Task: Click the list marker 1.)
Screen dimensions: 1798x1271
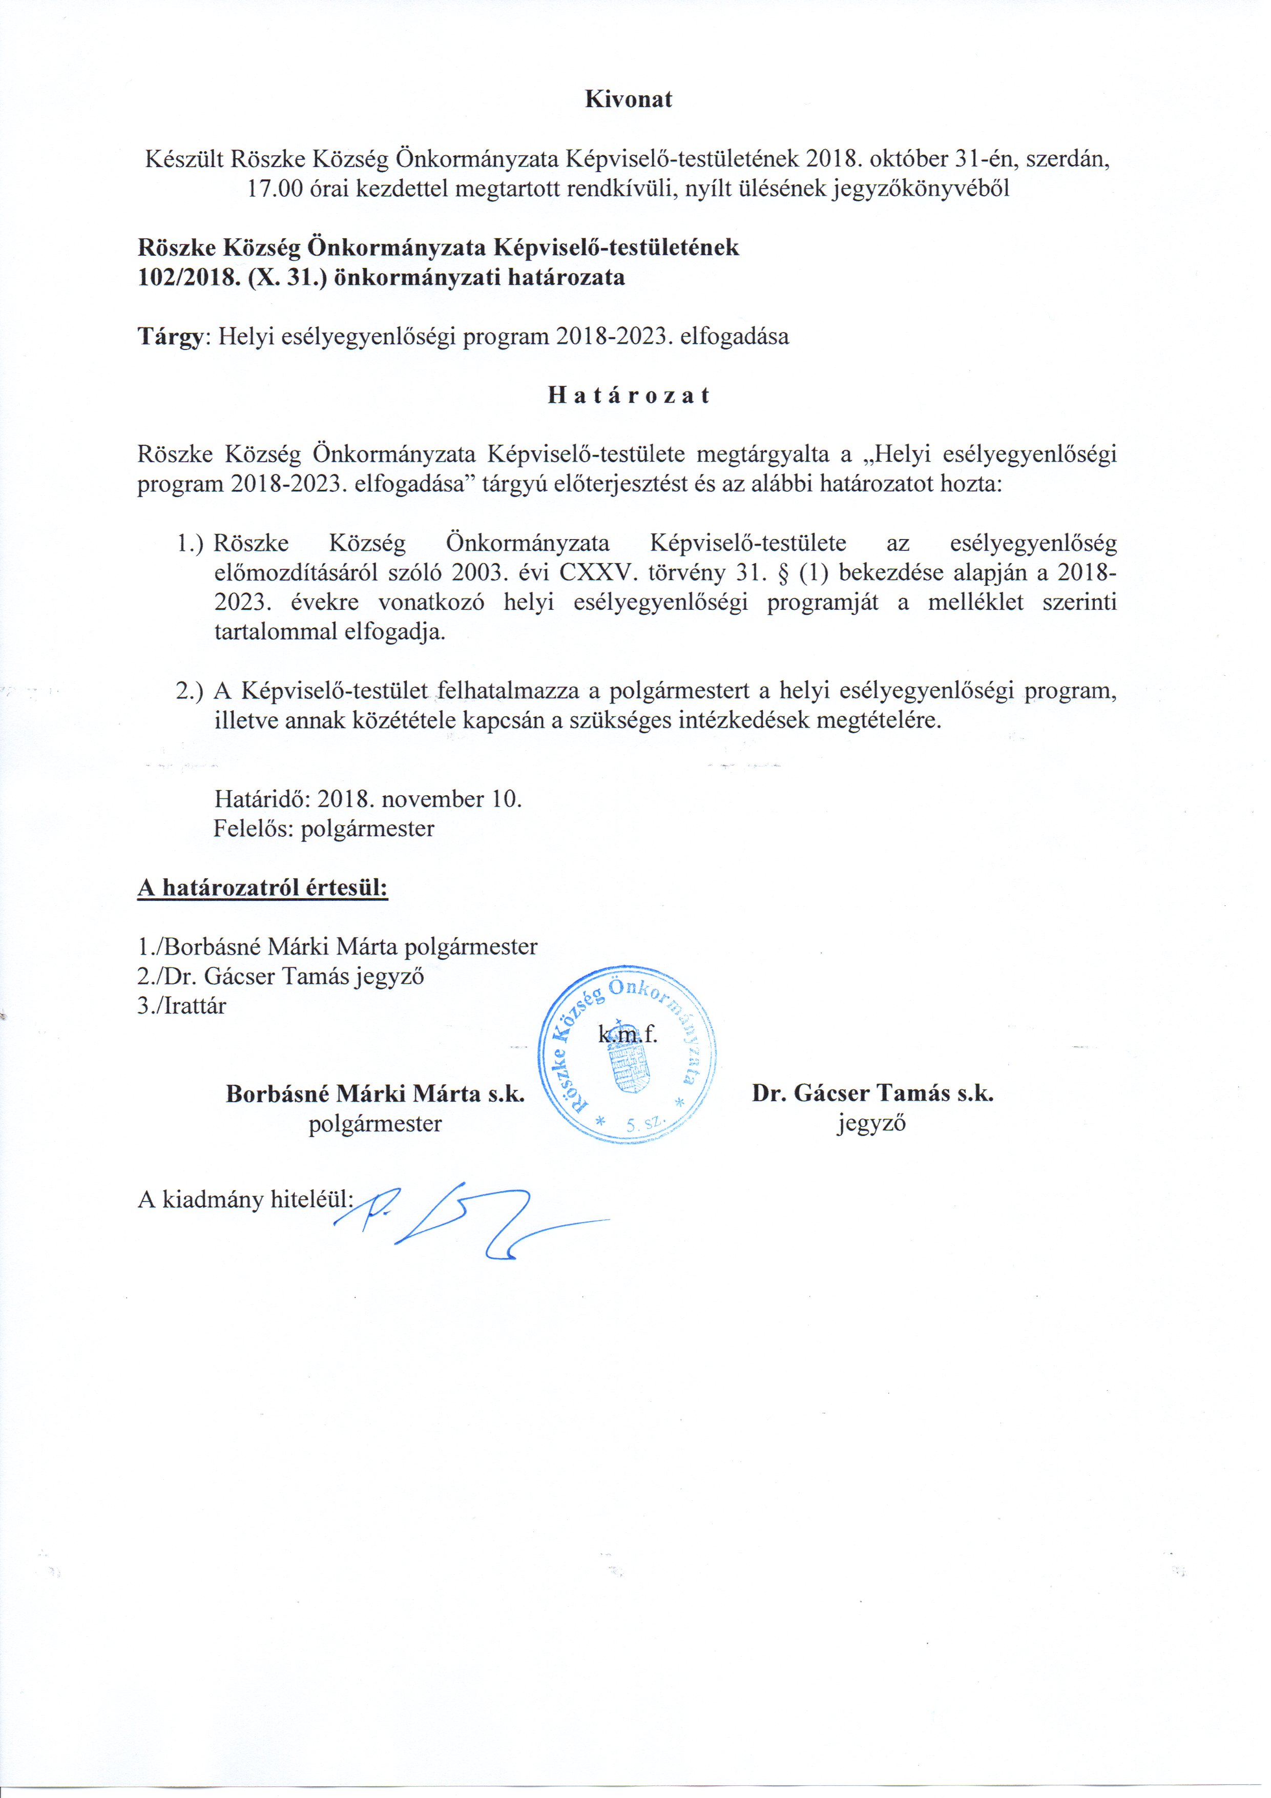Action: [190, 544]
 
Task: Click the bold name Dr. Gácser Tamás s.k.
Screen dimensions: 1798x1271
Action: [872, 1093]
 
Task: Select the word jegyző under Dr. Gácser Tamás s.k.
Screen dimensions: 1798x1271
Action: [871, 1124]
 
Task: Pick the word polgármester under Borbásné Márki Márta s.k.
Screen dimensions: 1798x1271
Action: [375, 1124]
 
